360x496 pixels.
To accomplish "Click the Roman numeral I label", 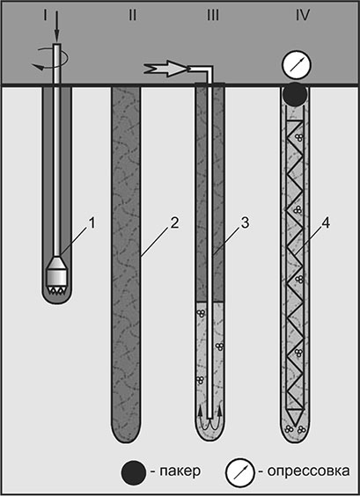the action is (45, 15).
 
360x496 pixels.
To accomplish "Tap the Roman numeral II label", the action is (132, 15).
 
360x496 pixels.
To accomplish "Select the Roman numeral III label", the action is (212, 15).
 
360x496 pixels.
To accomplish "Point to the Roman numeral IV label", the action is (303, 15).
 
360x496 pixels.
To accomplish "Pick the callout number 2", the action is (174, 224).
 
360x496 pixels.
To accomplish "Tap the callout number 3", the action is (245, 224).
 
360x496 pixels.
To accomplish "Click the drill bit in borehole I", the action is (57, 275).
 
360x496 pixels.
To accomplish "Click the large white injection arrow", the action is (165, 69).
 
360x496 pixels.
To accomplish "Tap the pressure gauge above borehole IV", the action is (297, 64).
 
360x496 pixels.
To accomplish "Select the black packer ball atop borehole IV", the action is (295, 94).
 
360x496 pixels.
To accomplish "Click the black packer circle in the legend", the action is (133, 472).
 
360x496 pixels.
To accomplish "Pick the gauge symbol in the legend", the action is (239, 472).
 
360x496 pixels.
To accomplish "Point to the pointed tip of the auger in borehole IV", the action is (295, 425).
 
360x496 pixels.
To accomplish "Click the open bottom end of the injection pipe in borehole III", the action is (209, 418).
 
